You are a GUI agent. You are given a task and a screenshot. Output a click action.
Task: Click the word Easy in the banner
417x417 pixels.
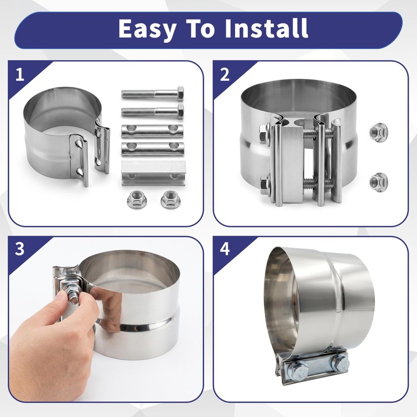click(148, 29)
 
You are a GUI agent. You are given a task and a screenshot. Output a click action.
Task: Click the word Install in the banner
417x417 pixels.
click(266, 28)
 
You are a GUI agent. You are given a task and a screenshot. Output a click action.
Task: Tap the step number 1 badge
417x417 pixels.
click(20, 75)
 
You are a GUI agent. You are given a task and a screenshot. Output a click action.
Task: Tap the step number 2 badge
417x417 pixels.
click(225, 75)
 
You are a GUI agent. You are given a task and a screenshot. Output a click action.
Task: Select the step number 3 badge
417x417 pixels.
click(20, 249)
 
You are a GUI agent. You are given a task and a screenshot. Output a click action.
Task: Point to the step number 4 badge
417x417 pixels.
click(225, 249)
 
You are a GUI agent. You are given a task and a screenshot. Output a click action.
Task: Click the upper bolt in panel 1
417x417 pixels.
click(152, 94)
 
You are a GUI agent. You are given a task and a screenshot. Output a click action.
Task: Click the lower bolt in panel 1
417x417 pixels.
click(152, 112)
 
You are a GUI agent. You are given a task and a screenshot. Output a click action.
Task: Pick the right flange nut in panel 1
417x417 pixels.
click(170, 200)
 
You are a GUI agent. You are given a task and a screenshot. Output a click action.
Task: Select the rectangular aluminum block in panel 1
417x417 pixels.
click(153, 173)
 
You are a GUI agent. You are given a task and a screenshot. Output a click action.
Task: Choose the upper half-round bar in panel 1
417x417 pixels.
click(152, 131)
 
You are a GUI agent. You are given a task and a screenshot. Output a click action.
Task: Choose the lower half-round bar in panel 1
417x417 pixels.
click(152, 149)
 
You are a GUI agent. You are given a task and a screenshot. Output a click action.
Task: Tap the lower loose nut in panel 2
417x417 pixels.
click(378, 181)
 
